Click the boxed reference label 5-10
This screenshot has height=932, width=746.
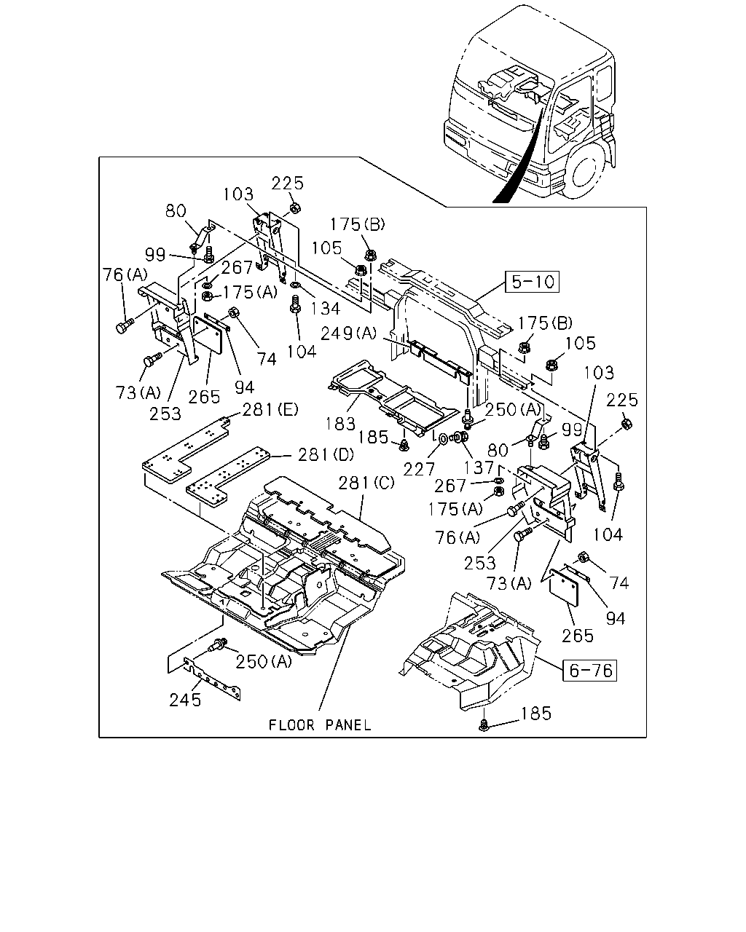pos(532,282)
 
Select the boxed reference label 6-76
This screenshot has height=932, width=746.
pos(589,671)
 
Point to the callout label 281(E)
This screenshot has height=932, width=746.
pos(270,409)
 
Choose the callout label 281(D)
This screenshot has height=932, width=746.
pos(326,455)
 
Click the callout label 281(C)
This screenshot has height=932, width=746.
pos(366,483)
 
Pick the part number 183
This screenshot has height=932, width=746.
pos(340,424)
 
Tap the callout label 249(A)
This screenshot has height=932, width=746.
pos(348,333)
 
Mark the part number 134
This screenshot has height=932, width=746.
pos(326,309)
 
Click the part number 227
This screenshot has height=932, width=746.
pos(419,469)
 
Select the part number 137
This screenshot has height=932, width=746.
pos(479,467)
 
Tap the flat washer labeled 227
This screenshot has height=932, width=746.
pos(444,439)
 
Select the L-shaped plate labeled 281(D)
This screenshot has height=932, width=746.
pos(227,476)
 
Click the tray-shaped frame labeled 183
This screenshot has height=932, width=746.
pos(392,398)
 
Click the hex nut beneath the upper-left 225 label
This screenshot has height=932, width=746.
pos(294,208)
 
